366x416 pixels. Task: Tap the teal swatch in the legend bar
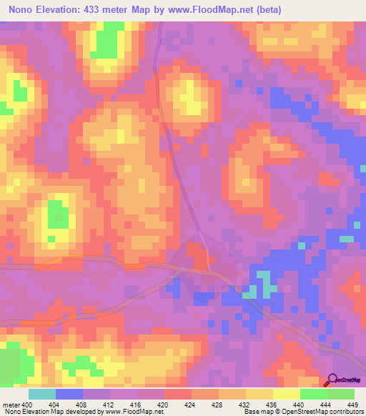click(41, 394)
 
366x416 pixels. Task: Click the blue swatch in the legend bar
click(69, 394)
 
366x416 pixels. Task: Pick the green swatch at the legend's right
click(340, 394)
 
